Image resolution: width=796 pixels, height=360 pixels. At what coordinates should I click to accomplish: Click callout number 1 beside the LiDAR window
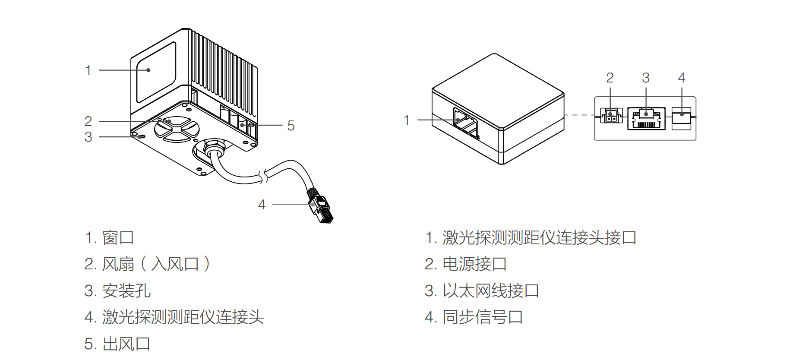click(x=88, y=70)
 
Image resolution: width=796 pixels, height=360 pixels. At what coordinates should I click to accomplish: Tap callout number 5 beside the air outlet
click(x=291, y=126)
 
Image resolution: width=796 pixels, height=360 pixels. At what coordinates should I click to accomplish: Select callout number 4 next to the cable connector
click(x=262, y=205)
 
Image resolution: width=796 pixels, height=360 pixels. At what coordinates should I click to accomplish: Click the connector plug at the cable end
click(x=320, y=207)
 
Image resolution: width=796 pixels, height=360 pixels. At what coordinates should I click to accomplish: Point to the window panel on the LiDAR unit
click(x=156, y=72)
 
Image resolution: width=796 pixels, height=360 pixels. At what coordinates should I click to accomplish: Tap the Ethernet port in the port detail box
click(x=646, y=119)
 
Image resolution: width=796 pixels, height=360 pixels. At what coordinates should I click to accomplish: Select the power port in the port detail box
click(x=610, y=116)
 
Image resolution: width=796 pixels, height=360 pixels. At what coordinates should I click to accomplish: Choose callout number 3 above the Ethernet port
click(x=646, y=78)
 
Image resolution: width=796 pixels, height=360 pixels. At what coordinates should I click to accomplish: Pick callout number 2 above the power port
click(x=610, y=78)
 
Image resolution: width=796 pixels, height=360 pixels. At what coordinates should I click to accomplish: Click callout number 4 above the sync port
click(x=682, y=78)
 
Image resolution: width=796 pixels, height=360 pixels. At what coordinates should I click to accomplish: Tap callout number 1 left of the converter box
click(x=406, y=120)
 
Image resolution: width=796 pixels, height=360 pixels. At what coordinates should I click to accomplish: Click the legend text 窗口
click(x=118, y=237)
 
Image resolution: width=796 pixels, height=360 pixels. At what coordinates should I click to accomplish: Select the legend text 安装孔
click(x=126, y=291)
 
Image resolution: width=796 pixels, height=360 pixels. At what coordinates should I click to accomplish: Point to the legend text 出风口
click(x=126, y=344)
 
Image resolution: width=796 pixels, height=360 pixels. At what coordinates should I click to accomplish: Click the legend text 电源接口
click(x=474, y=264)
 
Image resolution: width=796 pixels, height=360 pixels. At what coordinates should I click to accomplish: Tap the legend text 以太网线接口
click(x=490, y=291)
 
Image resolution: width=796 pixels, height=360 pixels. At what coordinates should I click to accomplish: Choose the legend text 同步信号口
click(x=483, y=317)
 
